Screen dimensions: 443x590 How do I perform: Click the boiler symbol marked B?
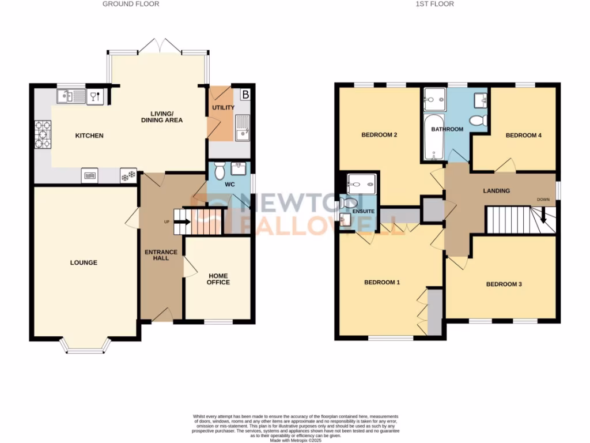245,93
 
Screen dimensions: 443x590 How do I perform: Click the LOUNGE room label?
84,262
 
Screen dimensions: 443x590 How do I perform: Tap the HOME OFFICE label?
218,279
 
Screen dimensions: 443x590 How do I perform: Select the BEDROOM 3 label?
504,284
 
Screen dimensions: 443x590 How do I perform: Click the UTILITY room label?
222,107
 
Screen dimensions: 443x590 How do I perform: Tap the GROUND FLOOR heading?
131,4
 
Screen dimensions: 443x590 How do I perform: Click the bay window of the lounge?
85,346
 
